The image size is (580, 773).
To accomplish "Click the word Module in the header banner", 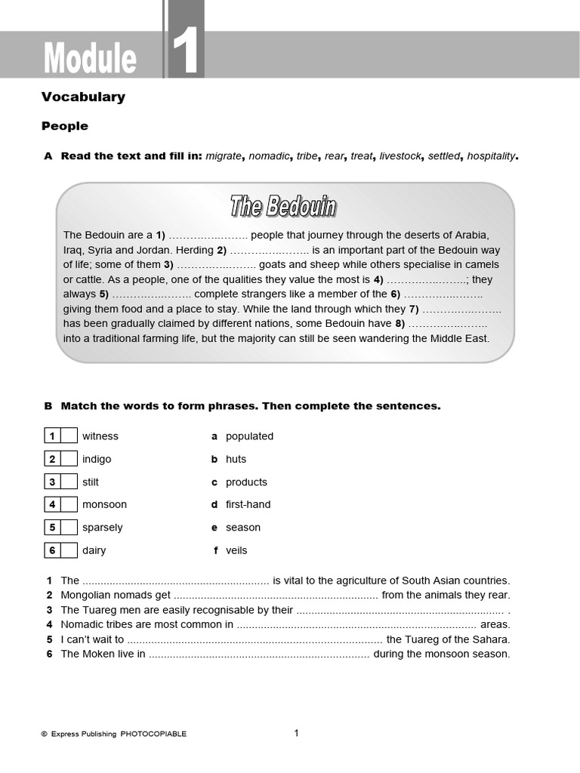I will [90, 59].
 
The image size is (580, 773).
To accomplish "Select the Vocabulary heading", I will [83, 97].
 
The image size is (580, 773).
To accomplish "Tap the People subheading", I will [65, 126].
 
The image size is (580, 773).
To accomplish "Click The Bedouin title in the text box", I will [283, 206].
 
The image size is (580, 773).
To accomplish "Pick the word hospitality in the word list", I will [491, 156].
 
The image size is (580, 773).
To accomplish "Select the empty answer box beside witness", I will [69, 436].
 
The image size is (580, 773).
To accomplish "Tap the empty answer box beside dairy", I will [69, 550].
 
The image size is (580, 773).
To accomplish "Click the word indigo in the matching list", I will [97, 459].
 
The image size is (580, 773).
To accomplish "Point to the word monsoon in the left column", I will [104, 504].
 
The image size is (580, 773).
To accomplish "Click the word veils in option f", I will [236, 550].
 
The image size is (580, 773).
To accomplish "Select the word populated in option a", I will [249, 436].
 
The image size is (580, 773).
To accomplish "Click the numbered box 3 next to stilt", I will [52, 482].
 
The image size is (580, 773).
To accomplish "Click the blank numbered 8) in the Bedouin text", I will [447, 324].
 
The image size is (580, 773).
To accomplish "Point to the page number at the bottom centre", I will [297, 732].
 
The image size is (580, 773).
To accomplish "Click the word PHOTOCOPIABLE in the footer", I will [153, 734].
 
